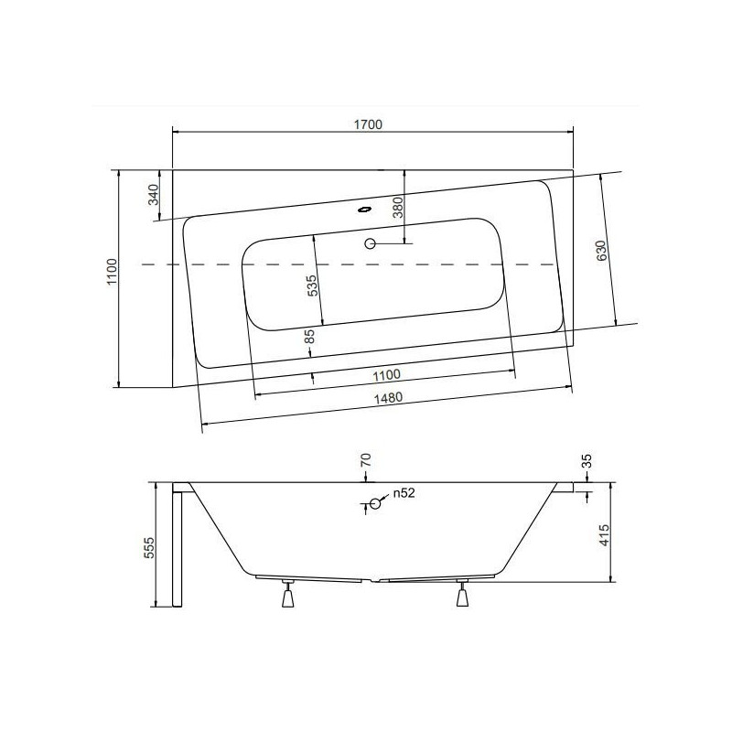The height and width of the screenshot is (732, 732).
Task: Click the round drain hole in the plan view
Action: click(x=370, y=243)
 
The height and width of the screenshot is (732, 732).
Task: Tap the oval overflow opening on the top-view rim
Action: click(x=366, y=207)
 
